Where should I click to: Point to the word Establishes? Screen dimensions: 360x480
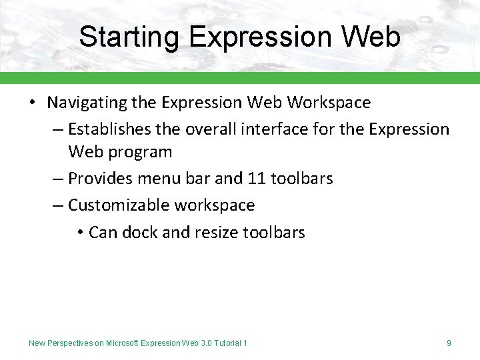tap(111, 129)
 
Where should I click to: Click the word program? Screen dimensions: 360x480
tap(140, 152)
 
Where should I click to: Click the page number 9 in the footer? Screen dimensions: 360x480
tap(449, 343)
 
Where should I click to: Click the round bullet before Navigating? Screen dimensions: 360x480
tap(32, 103)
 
